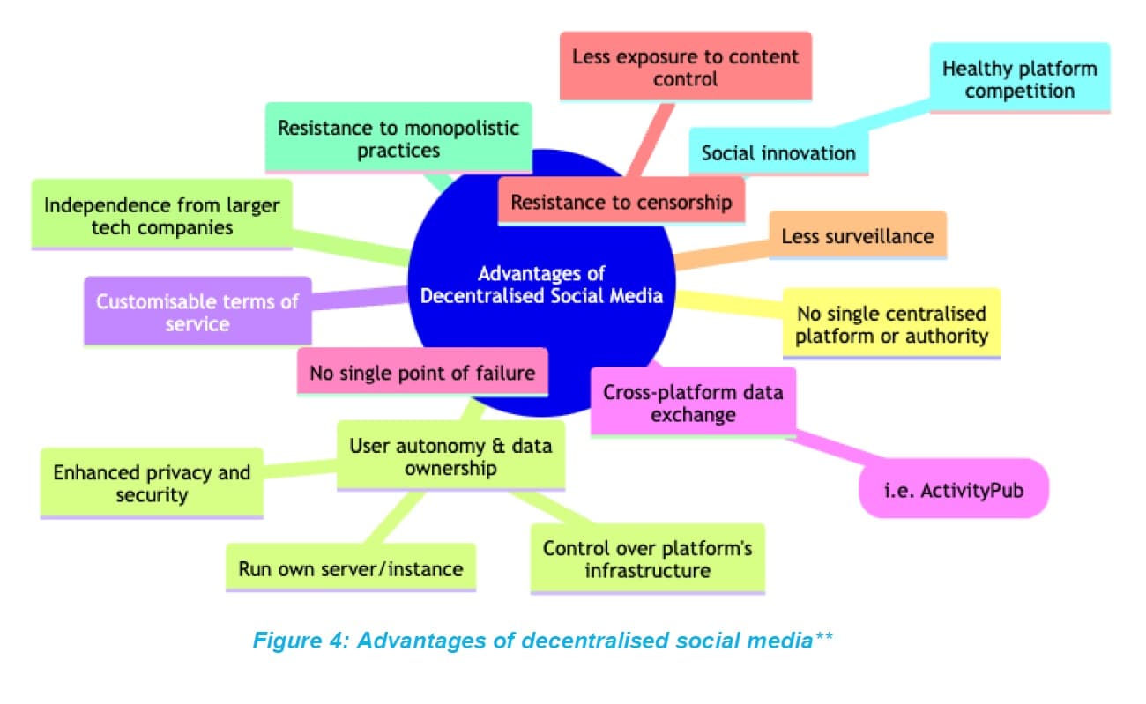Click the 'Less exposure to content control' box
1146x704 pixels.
point(685,68)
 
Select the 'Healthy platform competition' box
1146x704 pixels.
point(1020,79)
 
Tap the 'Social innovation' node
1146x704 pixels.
point(778,152)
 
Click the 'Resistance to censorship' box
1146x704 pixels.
point(621,202)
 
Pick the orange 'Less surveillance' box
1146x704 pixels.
point(858,235)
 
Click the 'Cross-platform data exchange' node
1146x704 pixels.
point(692,403)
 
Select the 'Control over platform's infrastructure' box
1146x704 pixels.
point(647,559)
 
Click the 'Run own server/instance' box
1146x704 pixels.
point(350,568)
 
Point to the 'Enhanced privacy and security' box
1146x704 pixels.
point(152,483)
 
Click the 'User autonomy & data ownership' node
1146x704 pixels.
point(450,456)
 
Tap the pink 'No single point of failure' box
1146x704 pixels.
point(421,372)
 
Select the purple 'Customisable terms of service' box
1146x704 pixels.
point(197,312)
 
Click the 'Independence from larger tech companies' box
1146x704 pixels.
point(161,216)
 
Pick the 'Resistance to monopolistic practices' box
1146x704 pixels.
point(398,138)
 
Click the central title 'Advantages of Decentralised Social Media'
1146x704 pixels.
point(541,285)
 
